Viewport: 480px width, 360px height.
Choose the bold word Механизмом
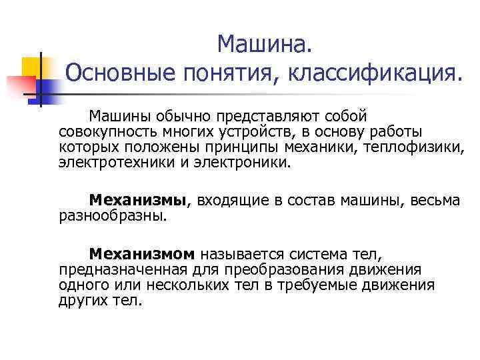[142, 254]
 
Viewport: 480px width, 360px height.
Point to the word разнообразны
[113, 215]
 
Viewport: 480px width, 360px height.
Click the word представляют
[265, 116]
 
